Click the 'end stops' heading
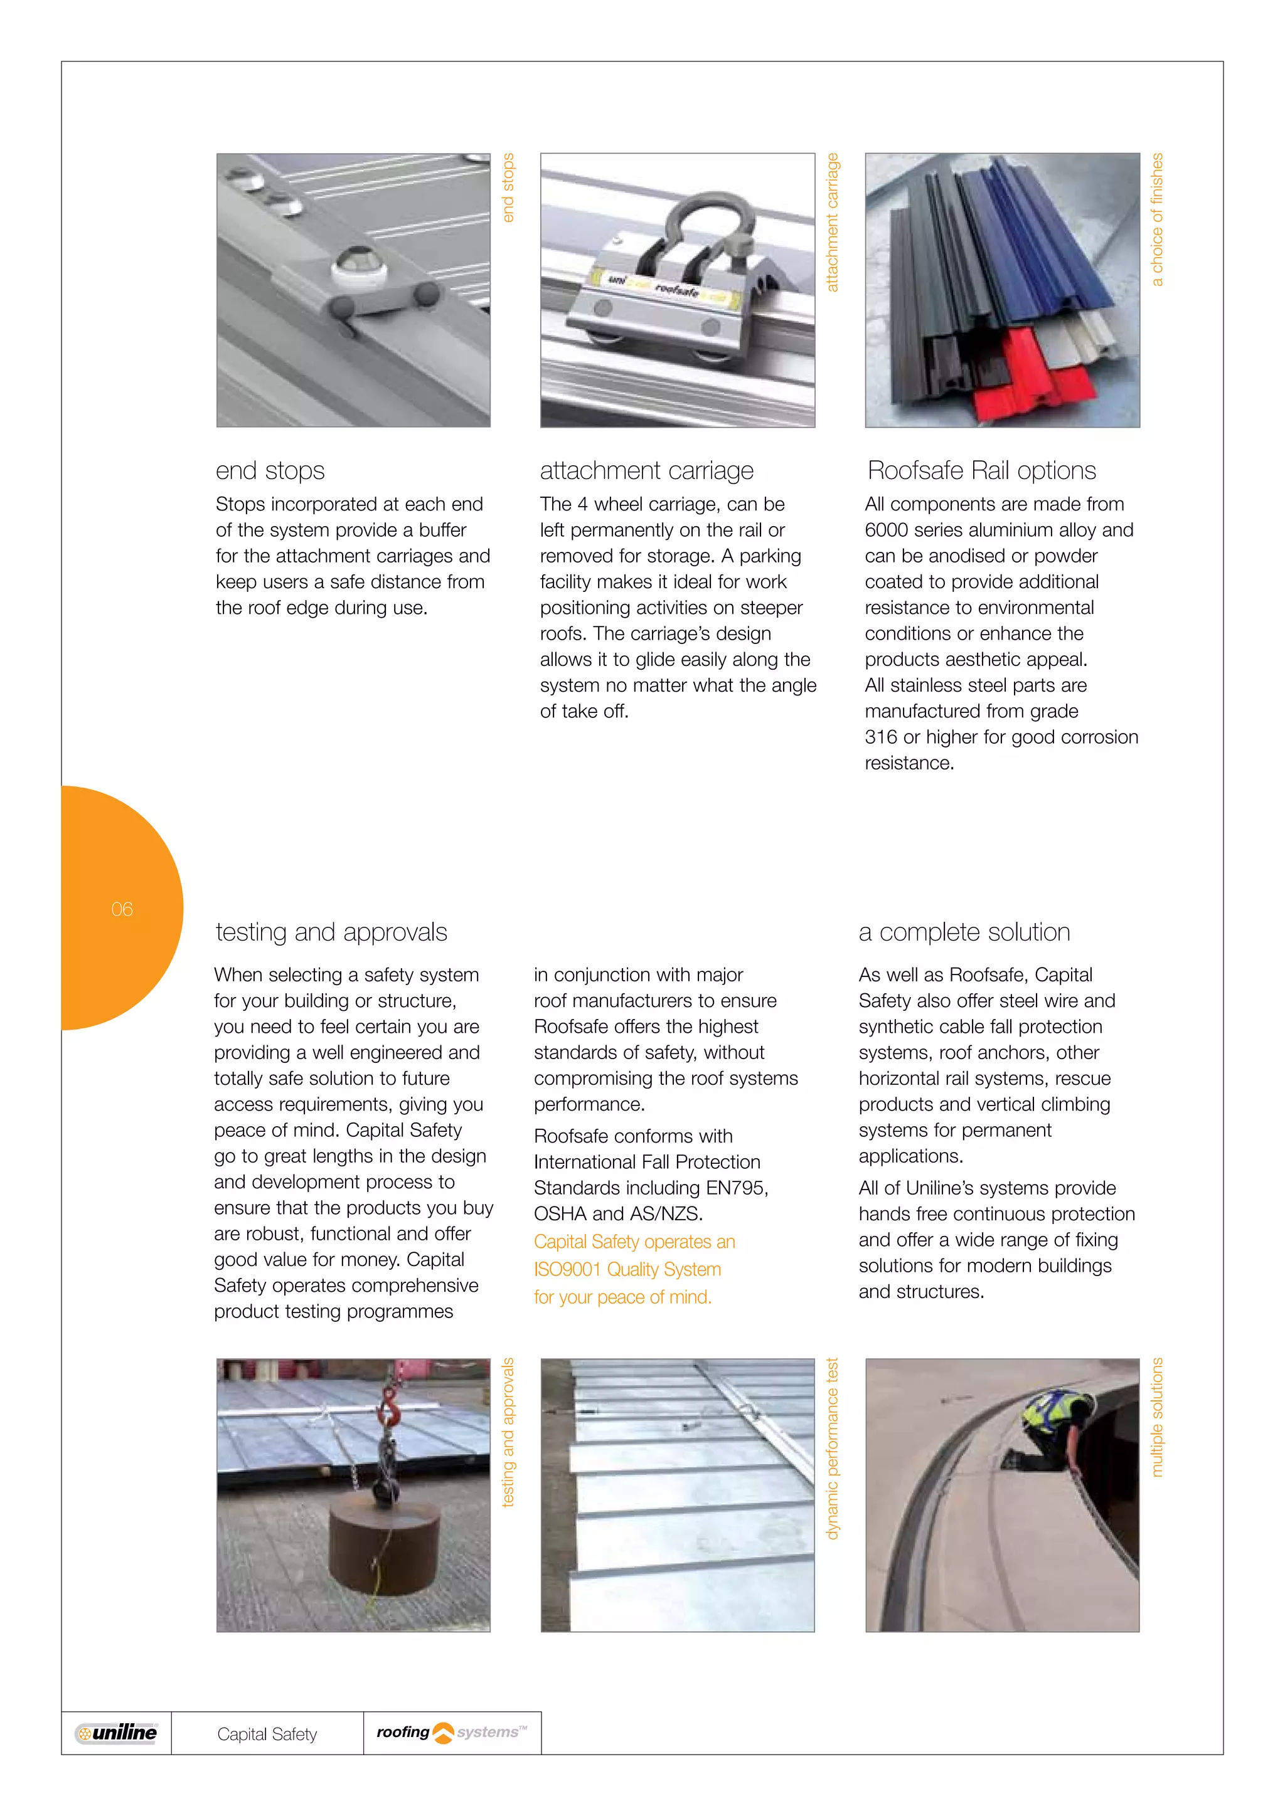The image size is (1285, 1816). tap(270, 470)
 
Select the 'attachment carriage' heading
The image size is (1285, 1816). tap(646, 470)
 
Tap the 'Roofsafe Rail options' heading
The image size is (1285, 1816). tap(981, 470)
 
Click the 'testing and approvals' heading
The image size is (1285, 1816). tap(331, 932)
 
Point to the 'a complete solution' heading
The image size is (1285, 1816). tap(964, 932)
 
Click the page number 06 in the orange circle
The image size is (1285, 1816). tap(122, 909)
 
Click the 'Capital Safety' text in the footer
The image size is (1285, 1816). tap(267, 1734)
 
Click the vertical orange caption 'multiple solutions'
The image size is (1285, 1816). tap(1157, 1417)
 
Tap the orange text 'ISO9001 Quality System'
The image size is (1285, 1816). tap(627, 1269)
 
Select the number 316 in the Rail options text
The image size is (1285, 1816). tap(881, 737)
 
